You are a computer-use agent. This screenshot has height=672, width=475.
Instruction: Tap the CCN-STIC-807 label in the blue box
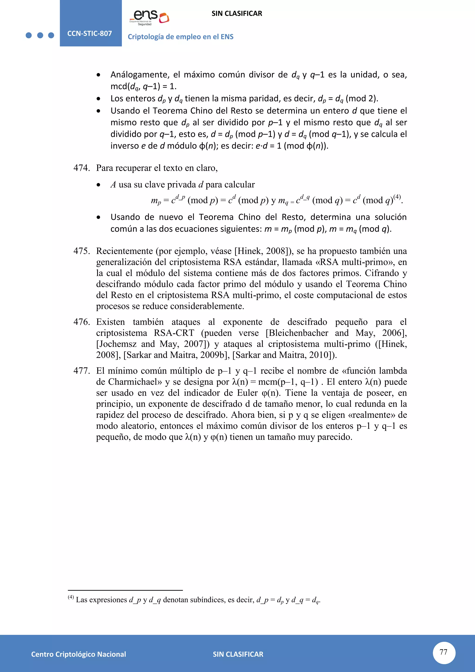click(x=90, y=33)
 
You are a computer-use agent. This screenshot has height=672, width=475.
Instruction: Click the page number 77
click(x=444, y=652)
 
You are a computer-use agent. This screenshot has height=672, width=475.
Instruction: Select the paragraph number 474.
click(x=82, y=168)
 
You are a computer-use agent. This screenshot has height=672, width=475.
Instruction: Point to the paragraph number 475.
click(x=82, y=251)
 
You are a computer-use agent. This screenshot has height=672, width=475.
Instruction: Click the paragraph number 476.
click(x=82, y=322)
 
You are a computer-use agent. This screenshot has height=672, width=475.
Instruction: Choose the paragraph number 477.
click(x=82, y=371)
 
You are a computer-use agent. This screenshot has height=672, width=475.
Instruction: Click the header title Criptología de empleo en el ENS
click(x=180, y=37)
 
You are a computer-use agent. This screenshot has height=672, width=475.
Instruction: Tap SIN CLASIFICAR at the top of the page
click(x=237, y=13)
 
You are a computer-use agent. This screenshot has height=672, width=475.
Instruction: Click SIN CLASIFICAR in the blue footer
click(x=238, y=654)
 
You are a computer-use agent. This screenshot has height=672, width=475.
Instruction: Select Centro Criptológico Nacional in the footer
click(x=78, y=654)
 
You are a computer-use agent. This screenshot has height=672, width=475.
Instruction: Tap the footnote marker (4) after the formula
click(x=397, y=197)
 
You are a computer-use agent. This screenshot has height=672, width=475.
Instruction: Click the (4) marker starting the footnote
click(x=71, y=597)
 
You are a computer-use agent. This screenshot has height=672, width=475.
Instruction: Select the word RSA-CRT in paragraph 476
click(x=174, y=333)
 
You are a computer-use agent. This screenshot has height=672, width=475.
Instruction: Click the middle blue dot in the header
click(x=40, y=36)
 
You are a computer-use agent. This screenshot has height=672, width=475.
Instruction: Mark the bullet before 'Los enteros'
click(x=99, y=99)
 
